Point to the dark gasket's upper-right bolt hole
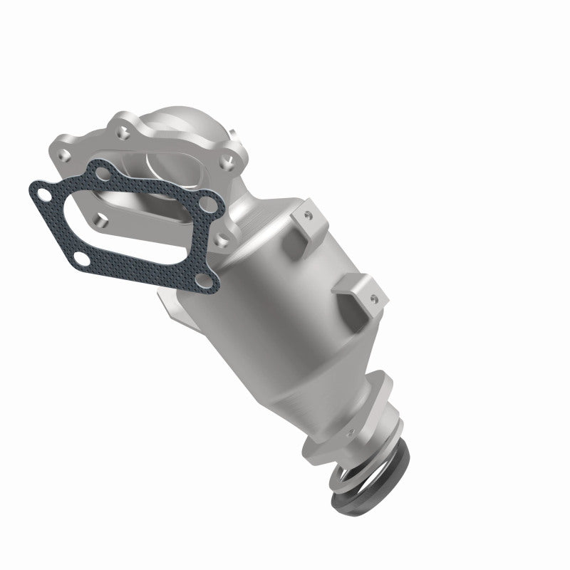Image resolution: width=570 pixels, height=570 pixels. [207, 206]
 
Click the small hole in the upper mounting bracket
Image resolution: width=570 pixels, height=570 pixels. [309, 214]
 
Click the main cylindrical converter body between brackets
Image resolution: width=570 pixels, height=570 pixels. [285, 299]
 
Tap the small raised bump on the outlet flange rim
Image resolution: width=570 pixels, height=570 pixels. [348, 432]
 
